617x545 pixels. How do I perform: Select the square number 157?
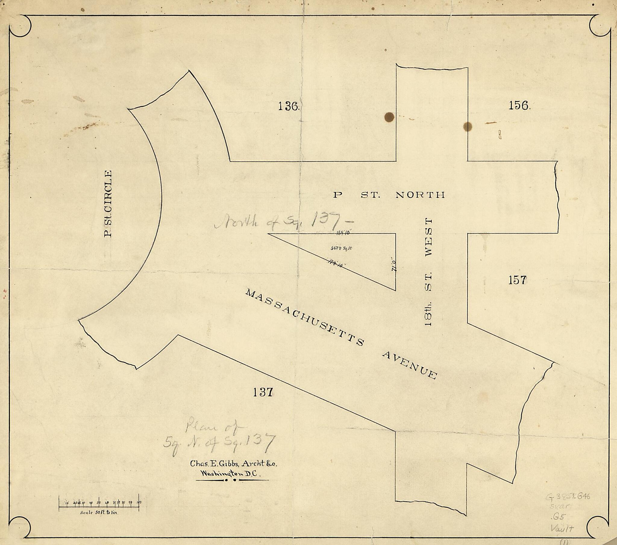click(517, 280)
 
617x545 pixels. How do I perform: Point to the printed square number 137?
click(263, 392)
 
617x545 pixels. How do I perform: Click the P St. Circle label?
click(108, 204)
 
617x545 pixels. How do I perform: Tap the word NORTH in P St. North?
click(420, 195)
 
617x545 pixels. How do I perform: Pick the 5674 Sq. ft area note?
click(341, 248)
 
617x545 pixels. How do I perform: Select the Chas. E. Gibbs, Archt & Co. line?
click(233, 463)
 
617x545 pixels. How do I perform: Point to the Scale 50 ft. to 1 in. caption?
click(99, 513)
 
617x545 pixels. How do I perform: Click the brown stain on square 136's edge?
click(389, 117)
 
